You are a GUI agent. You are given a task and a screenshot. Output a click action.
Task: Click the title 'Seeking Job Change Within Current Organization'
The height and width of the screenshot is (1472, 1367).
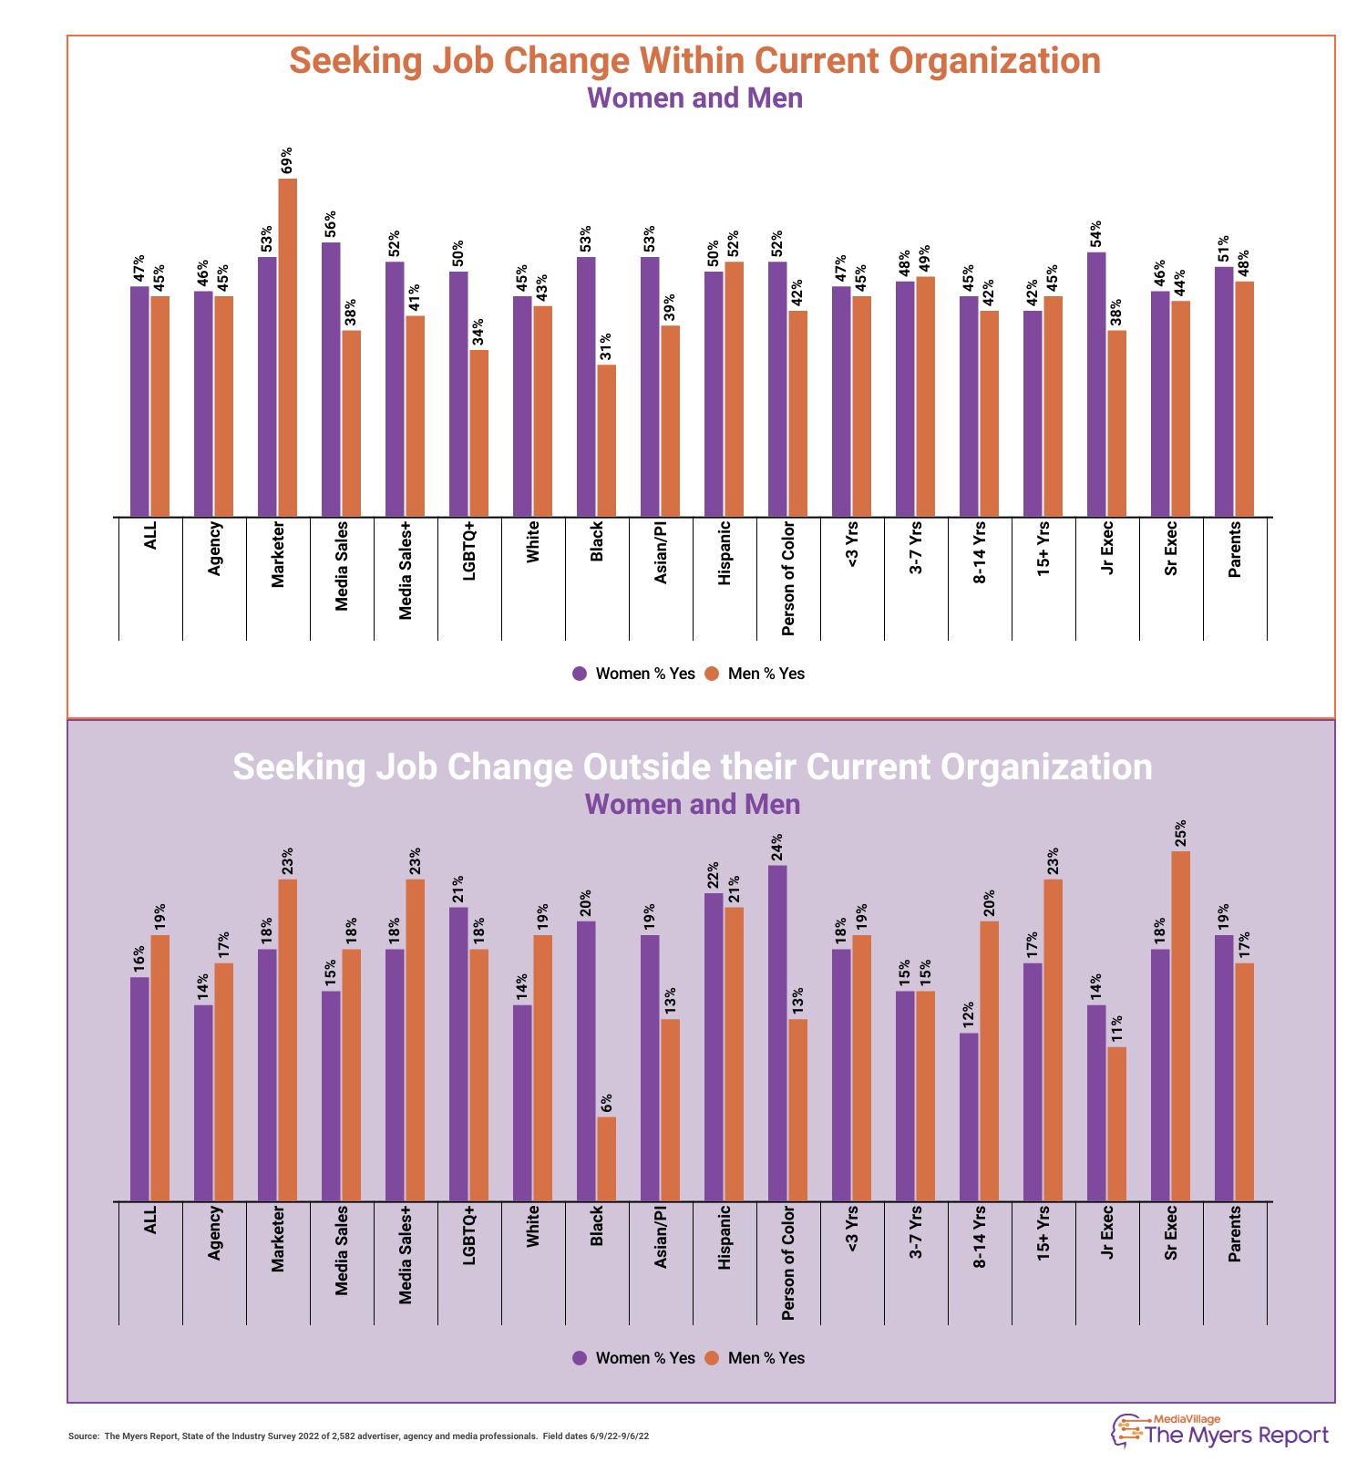tap(694, 61)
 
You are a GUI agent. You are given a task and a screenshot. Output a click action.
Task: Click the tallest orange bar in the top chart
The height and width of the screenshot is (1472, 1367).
tap(287, 347)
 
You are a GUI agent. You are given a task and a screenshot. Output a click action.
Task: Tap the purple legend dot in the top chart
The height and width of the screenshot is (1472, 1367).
tap(580, 674)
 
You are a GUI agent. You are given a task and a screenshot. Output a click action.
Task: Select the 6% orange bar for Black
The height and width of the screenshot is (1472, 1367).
tap(606, 1158)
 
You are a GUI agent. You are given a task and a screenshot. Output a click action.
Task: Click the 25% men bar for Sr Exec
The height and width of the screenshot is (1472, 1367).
tap(1180, 1025)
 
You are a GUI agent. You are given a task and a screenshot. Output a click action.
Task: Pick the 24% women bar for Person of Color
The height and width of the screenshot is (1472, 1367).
tap(777, 1033)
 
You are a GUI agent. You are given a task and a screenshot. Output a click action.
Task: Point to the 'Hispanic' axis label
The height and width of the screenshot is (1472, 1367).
tap(725, 1238)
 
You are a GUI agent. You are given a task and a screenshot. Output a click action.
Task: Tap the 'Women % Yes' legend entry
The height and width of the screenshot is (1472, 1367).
tap(634, 1358)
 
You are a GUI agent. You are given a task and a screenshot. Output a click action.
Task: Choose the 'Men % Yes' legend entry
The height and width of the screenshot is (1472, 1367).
tap(755, 1358)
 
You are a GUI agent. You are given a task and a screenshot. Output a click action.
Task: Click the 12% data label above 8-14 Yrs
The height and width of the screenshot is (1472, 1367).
tap(969, 1014)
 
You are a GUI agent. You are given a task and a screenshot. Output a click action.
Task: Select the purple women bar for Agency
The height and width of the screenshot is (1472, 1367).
tap(203, 1103)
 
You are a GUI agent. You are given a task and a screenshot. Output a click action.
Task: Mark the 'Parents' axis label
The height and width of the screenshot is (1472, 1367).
tap(1235, 1234)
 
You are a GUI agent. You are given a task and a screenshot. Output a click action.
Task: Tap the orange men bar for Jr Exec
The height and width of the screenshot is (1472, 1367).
tap(1116, 1124)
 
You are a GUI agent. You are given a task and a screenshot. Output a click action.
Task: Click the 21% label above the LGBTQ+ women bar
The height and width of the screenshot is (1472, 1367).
tap(458, 888)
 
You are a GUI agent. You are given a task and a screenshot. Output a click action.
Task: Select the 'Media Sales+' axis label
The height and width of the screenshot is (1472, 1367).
tap(406, 1255)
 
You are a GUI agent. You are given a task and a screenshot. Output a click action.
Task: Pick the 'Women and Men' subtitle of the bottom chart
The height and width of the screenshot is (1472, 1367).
tap(693, 805)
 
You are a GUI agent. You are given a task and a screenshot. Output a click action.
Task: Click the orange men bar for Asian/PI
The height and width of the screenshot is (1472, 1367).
tap(670, 1109)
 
